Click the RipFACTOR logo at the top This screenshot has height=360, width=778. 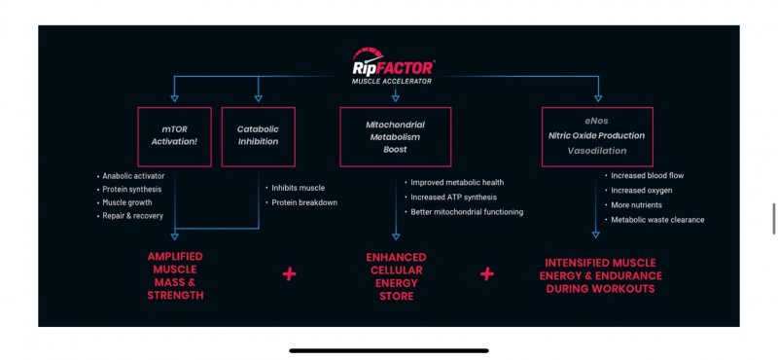[x=393, y=65]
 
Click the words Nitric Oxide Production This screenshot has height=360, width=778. [x=596, y=135]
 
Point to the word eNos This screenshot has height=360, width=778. [x=596, y=121]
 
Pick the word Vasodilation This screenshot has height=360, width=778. [x=597, y=151]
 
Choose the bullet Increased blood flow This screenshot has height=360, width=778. [x=644, y=175]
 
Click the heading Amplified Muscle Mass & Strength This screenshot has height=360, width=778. [x=175, y=275]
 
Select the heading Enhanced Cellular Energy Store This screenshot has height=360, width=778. [x=396, y=276]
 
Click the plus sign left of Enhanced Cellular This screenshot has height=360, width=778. [x=289, y=274]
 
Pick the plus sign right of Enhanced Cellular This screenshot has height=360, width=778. [x=487, y=273]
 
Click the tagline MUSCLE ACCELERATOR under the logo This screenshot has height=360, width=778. [x=392, y=81]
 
